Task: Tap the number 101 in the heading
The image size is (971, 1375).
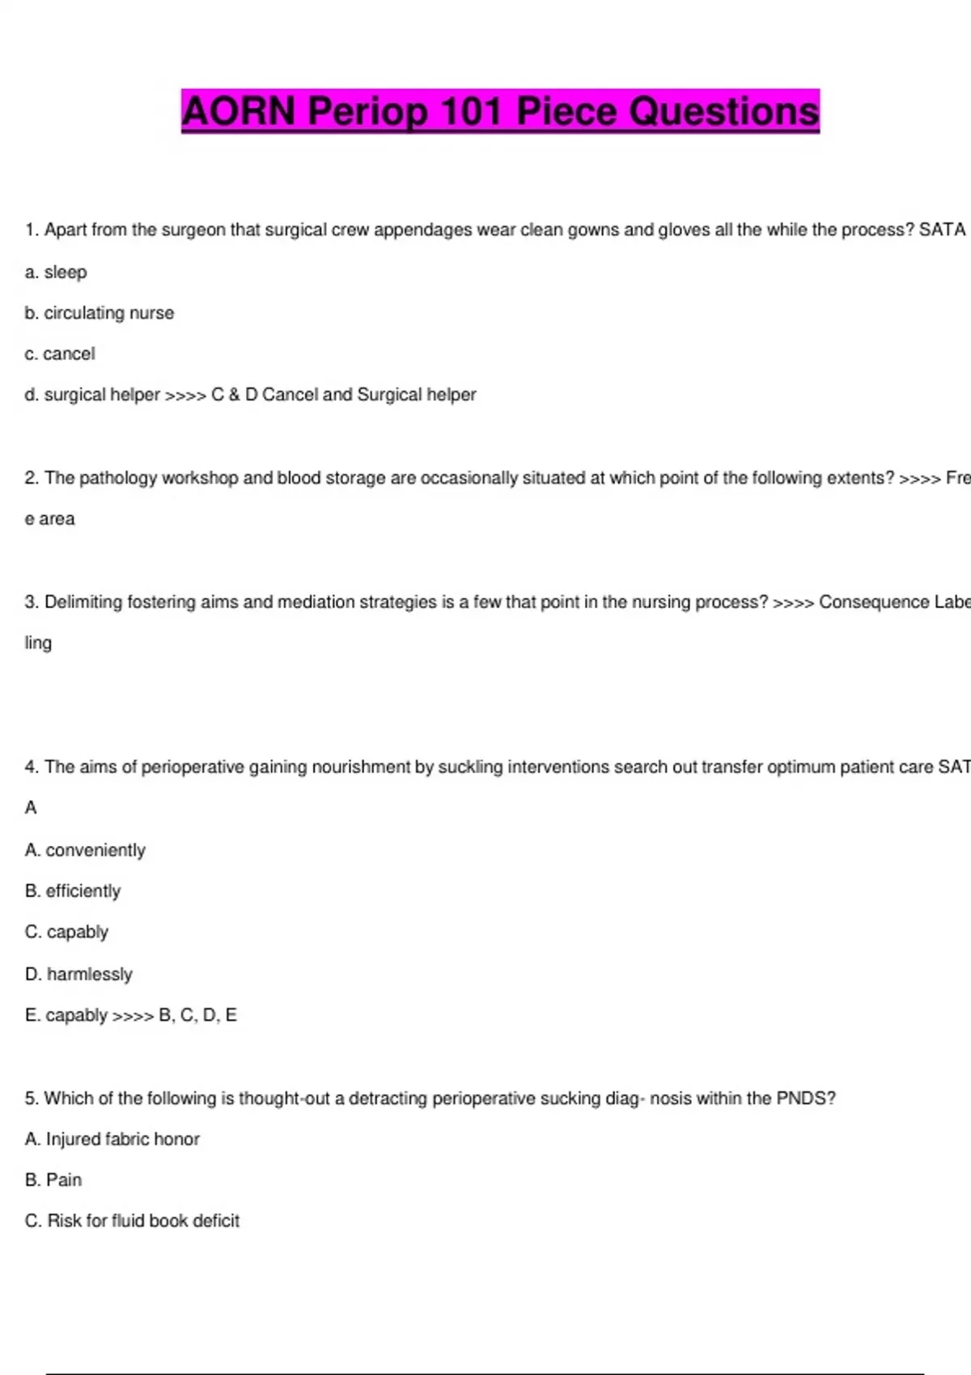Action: (472, 112)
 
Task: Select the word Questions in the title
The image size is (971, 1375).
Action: (723, 112)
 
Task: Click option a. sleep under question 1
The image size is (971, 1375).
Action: (56, 273)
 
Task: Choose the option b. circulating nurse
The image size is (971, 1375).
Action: (100, 313)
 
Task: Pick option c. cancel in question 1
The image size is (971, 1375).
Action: (60, 354)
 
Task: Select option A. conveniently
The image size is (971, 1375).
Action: (85, 850)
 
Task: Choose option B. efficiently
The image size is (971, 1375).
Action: (73, 891)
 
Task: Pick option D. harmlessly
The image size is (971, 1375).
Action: (78, 974)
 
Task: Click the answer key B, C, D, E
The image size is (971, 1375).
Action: (197, 1015)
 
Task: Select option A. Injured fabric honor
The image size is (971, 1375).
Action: (112, 1139)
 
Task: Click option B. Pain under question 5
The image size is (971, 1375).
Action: (53, 1180)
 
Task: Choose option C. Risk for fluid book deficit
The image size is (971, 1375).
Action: (132, 1221)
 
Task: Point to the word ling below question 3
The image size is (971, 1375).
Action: (38, 643)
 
